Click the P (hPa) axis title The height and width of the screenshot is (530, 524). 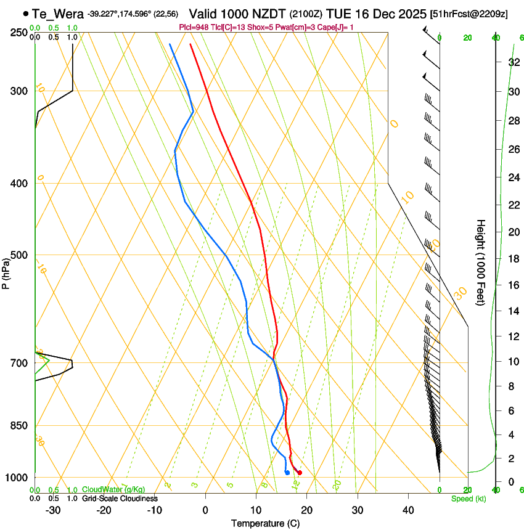point(6,271)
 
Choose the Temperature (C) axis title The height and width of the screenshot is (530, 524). point(265,523)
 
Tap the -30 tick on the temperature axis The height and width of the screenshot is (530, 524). point(52,510)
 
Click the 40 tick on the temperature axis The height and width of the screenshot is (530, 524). point(408,510)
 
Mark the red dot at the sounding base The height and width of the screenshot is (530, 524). point(300,473)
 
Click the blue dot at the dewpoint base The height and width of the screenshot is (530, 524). point(287,473)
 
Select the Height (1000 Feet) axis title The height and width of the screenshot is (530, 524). point(481,262)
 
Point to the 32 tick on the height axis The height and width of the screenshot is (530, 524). point(513,62)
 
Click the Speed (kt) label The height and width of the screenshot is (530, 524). point(468,499)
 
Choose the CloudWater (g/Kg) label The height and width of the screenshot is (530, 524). point(113,490)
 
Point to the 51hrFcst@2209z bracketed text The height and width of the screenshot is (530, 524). point(470,14)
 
